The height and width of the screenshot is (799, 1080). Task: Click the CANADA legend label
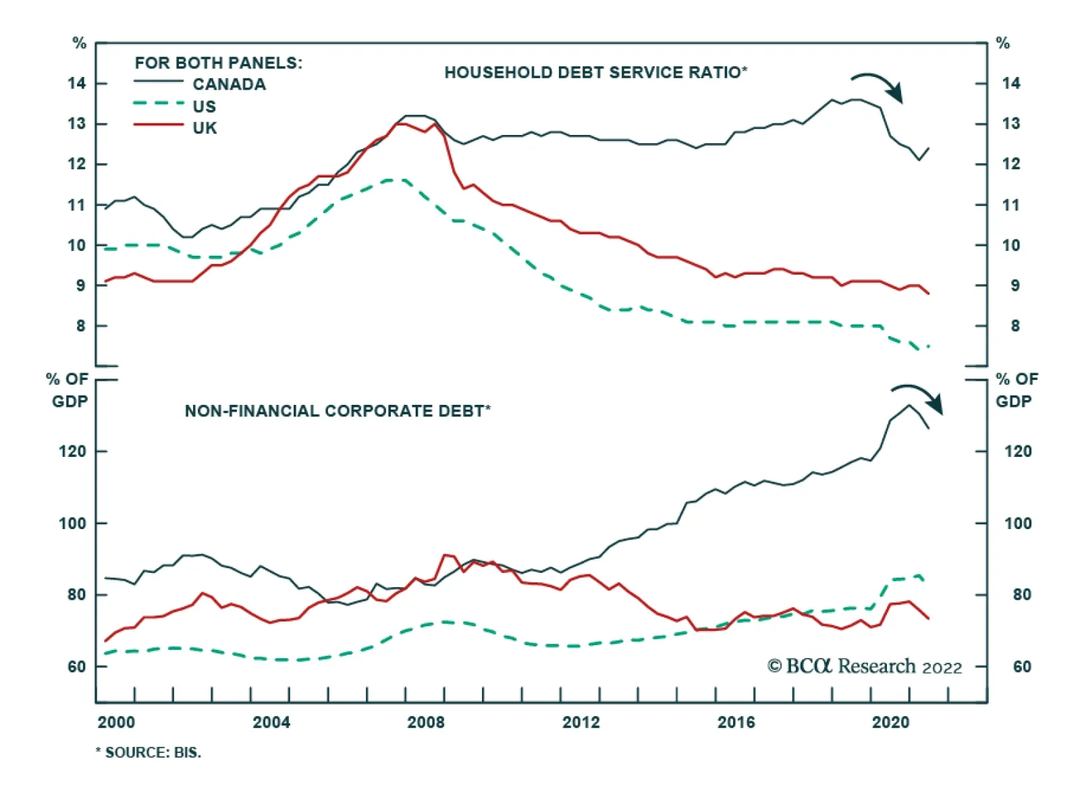[x=229, y=84]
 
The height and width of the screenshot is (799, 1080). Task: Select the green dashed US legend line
[x=159, y=103]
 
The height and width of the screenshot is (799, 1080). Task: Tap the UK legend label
[x=205, y=128]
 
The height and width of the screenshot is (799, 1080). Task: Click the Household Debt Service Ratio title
[x=595, y=72]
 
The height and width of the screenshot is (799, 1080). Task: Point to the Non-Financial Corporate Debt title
[x=337, y=411]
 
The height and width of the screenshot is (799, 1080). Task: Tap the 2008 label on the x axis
[x=426, y=723]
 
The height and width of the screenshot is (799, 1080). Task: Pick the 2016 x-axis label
[x=736, y=723]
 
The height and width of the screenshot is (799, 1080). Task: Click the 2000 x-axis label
[x=116, y=723]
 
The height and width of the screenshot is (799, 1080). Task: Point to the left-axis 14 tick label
[x=77, y=84]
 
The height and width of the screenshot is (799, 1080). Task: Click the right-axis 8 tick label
[x=1015, y=327]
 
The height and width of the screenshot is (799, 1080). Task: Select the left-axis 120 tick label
[x=72, y=451]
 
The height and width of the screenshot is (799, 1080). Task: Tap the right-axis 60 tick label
[x=1022, y=667]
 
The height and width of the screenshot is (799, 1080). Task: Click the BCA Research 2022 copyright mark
[x=864, y=667]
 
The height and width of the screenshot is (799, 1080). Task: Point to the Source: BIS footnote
[x=148, y=752]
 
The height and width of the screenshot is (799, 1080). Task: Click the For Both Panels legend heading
[x=218, y=63]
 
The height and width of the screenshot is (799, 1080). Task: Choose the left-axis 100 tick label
[x=72, y=524]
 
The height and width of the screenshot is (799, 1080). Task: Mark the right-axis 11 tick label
[x=1010, y=205]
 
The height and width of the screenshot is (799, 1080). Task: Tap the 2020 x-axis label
[x=890, y=723]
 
